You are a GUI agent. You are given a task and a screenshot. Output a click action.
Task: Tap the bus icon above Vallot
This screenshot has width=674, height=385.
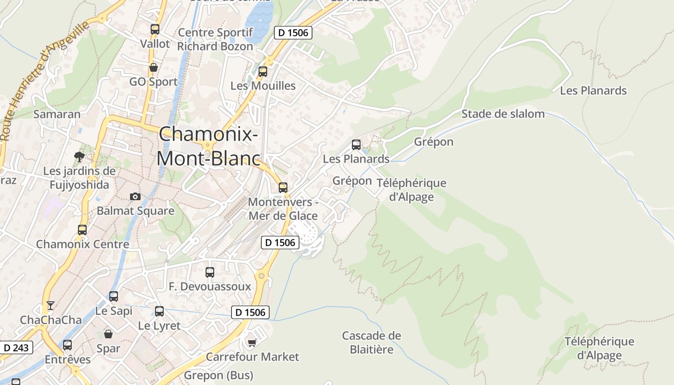155,29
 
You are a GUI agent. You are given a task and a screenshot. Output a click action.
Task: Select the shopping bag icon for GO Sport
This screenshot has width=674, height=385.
154,67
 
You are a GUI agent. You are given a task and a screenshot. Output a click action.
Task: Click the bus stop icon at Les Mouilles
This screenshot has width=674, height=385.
263,72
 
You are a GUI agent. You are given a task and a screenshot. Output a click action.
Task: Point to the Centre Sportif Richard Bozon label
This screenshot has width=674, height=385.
215,39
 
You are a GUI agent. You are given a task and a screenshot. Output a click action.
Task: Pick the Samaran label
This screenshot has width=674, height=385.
57,114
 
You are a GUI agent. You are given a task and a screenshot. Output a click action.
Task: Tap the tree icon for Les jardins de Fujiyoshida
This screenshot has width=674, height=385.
79,156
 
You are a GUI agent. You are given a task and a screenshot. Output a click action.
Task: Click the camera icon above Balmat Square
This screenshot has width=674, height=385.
135,196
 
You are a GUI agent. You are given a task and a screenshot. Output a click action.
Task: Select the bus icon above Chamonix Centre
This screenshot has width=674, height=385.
82,230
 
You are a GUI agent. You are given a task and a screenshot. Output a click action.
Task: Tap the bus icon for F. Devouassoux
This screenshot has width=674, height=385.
210,272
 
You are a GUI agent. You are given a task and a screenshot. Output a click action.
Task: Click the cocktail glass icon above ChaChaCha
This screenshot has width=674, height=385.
50,306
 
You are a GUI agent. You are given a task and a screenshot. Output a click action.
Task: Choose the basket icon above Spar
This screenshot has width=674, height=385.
108,334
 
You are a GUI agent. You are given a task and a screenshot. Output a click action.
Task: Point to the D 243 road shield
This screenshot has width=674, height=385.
17,347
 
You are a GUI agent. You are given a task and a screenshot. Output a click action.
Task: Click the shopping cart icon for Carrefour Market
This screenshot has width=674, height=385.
252,343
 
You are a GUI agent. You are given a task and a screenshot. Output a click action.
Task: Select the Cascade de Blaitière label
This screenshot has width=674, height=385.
371,342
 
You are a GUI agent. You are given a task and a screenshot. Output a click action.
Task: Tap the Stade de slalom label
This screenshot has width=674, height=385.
503,114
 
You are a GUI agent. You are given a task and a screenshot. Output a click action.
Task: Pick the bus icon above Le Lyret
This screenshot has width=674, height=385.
159,311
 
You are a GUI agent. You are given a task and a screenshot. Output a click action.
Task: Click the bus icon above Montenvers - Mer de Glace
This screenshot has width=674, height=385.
283,188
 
